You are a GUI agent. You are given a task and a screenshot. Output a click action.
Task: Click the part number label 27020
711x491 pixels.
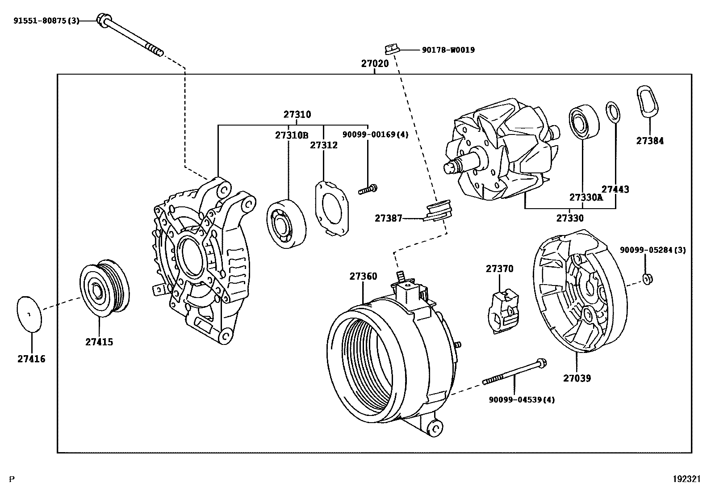pyautogui.click(x=375, y=63)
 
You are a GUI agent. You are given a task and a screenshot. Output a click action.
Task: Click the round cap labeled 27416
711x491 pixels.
pyautogui.click(x=29, y=314)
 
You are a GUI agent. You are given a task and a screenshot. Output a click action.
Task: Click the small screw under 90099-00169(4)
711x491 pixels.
pyautogui.click(x=368, y=190)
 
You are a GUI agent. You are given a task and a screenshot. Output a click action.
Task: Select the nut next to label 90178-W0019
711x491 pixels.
pyautogui.click(x=391, y=48)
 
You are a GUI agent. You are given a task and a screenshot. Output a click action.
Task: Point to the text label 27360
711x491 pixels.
pyautogui.click(x=363, y=276)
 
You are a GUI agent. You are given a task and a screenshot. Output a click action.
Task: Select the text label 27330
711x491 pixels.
pyautogui.click(x=570, y=218)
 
